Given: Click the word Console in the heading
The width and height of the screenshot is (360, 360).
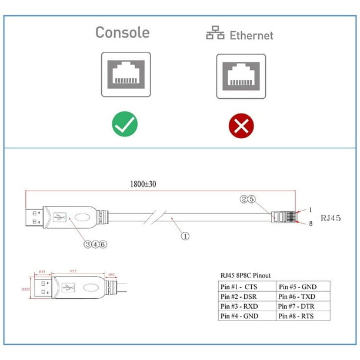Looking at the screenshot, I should [122, 32].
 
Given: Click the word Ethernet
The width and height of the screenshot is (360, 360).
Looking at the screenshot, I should [251, 35].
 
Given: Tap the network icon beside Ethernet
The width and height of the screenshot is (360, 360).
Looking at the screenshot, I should [215, 34].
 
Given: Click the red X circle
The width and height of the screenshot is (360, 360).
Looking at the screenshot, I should [241, 125].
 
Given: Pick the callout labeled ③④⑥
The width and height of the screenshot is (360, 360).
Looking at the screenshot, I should [96, 244].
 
